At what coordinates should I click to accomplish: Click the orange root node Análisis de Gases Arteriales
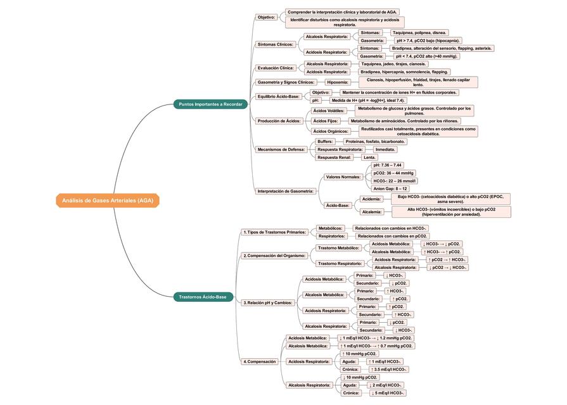pos(108,201)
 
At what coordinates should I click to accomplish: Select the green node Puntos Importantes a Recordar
pos(210,104)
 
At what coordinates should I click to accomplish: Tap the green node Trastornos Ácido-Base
pos(203,297)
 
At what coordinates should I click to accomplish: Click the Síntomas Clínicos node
pos(276,44)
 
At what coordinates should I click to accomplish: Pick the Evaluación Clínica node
pos(276,68)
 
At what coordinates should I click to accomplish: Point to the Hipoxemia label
pos(338,82)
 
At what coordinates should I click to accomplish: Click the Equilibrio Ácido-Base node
pos(279,96)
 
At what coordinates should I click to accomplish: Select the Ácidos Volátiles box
pos(328,111)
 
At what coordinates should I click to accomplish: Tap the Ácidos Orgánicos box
pos(330,131)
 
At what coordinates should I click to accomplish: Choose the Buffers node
pos(325,141)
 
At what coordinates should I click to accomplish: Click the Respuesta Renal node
pos(334,157)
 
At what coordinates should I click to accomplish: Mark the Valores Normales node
pos(343,177)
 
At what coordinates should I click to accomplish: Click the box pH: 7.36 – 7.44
pos(388,165)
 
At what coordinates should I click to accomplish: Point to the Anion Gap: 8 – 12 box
pos(390,189)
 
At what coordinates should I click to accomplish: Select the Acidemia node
pos(371,199)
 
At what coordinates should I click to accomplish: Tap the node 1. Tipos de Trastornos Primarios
pos(275,232)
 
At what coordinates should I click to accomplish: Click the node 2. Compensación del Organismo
pos(275,256)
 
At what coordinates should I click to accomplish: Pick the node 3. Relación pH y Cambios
pos(268,302)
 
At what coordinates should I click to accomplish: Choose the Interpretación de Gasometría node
pos(286,190)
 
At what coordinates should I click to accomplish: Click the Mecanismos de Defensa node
pos(281,149)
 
